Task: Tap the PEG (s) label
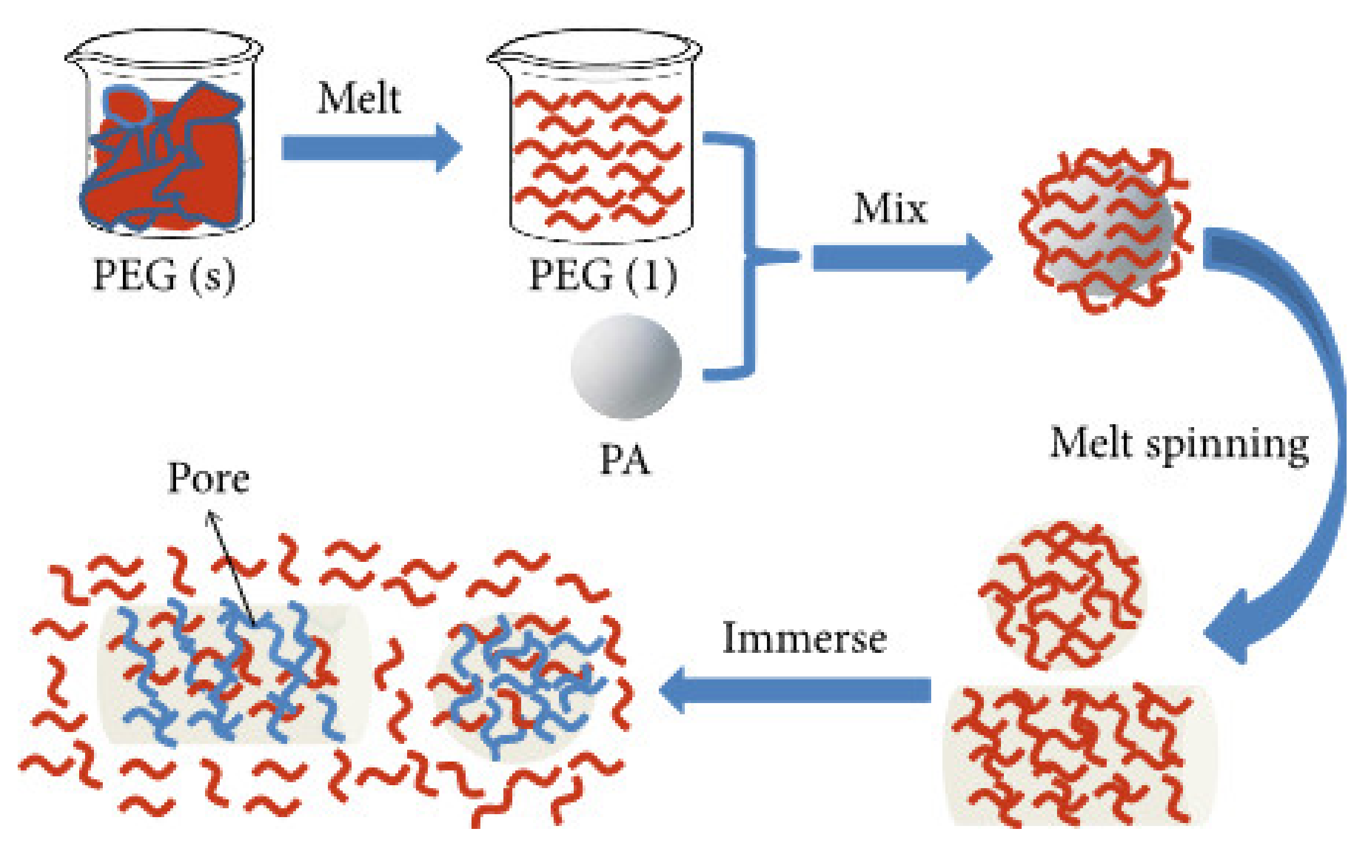164,275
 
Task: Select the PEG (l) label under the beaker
602,275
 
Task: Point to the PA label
625,460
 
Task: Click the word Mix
890,209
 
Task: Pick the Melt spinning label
1179,444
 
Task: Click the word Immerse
804,639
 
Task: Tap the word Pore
208,478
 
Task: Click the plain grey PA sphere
626,366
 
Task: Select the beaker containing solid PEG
164,136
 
